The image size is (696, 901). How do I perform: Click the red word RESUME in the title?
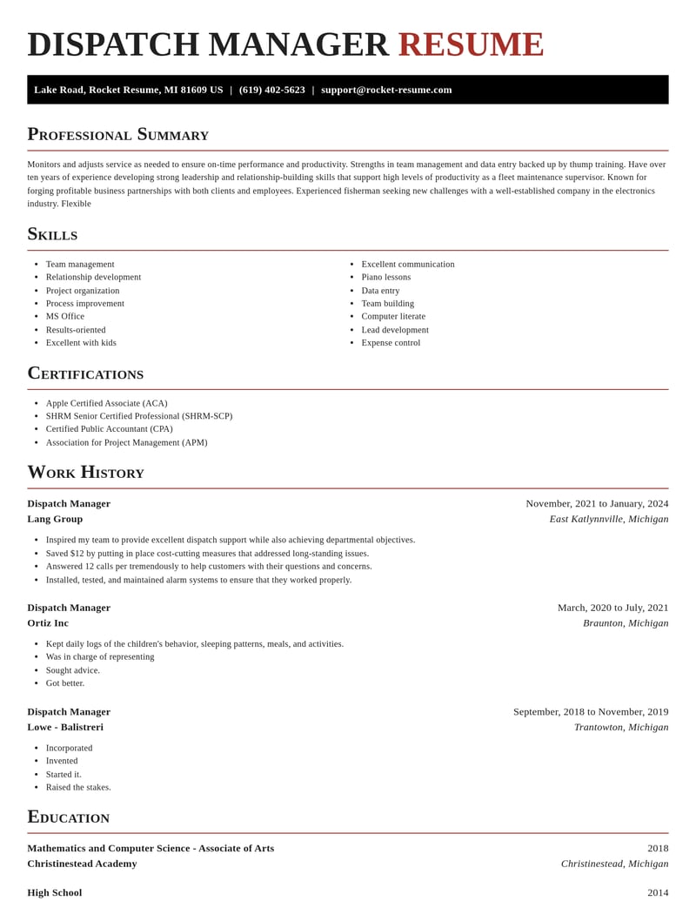[x=471, y=44]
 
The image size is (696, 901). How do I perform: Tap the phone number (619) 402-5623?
[x=271, y=90]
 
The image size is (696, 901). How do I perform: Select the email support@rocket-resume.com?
[x=386, y=90]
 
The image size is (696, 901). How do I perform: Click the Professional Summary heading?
[x=117, y=134]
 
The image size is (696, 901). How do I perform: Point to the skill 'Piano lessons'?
[x=385, y=277]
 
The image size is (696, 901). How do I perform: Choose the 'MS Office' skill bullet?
[x=65, y=316]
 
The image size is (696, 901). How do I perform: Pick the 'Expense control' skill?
[x=391, y=342]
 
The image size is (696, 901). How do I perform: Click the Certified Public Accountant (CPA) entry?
[x=109, y=428]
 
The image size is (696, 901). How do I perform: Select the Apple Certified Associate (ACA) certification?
[x=106, y=403]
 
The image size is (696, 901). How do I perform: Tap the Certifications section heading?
[x=85, y=373]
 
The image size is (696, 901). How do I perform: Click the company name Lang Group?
[x=55, y=519]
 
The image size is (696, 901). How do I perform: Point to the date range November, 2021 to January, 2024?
[x=597, y=503]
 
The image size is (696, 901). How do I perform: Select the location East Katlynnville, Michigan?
[x=608, y=519]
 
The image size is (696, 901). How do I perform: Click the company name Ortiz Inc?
[x=48, y=622]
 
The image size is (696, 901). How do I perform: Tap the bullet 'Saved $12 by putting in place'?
[x=207, y=553]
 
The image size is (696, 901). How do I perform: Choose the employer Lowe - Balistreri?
[x=65, y=727]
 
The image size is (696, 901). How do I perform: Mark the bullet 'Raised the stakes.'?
[x=78, y=787]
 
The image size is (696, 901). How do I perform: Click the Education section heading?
[x=68, y=817]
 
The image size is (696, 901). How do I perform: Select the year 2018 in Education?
[x=658, y=848]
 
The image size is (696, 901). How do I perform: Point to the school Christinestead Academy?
[x=82, y=864]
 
